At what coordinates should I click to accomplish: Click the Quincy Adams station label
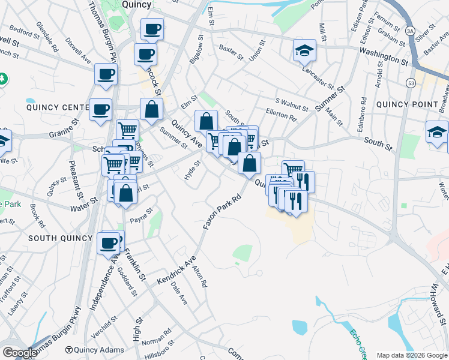(99, 350)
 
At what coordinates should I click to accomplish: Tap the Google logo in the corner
(20, 352)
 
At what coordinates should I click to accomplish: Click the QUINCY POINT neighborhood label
(407, 104)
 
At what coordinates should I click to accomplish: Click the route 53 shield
(411, 82)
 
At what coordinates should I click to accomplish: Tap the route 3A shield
(411, 30)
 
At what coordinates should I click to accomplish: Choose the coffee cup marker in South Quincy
(108, 243)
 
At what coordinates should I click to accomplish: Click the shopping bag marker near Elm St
(151, 110)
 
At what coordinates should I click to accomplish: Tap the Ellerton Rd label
(281, 115)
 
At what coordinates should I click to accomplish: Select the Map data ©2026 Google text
(411, 355)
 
